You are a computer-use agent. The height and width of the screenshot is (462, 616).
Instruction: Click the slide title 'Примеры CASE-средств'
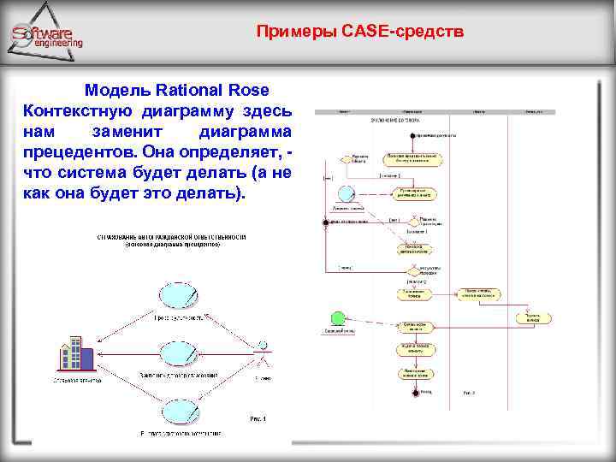click(x=360, y=33)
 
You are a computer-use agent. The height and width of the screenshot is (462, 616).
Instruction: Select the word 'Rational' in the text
click(x=193, y=90)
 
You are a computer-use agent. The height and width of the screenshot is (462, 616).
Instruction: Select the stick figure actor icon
click(x=264, y=353)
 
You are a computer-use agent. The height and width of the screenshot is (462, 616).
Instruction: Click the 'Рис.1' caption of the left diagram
click(x=258, y=418)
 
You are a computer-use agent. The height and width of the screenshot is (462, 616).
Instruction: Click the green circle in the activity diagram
click(x=337, y=317)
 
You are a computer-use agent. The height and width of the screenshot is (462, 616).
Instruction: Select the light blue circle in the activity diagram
click(x=346, y=192)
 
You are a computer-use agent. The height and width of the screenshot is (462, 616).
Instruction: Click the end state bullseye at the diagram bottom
click(x=417, y=393)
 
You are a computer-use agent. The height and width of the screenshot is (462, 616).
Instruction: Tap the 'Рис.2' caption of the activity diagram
click(x=469, y=393)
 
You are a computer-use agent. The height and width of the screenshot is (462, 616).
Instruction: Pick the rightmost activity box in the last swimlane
click(x=533, y=317)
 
